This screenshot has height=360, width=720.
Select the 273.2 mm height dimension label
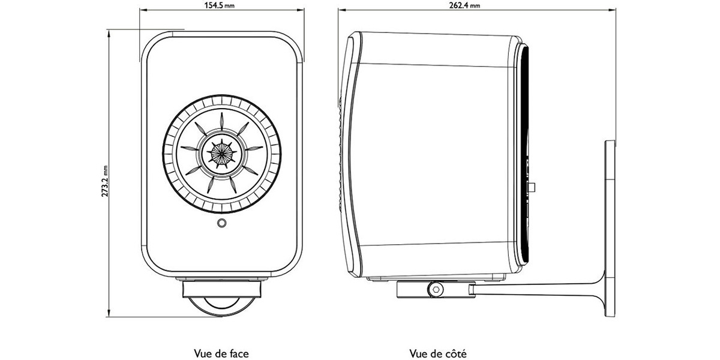(x=105, y=181)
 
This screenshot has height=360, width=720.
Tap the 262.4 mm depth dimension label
(x=464, y=5)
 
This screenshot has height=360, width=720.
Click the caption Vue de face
(x=221, y=353)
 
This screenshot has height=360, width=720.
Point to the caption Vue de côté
(x=438, y=353)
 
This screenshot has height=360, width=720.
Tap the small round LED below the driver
(x=222, y=223)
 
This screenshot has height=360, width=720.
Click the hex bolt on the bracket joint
(x=436, y=289)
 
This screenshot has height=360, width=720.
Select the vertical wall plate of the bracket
(x=610, y=229)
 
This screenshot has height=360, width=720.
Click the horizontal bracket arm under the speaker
(x=537, y=287)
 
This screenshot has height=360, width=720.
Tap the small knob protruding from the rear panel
(x=533, y=187)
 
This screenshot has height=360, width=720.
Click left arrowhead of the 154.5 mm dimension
(x=143, y=10)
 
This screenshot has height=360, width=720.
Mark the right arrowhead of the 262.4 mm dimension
(x=613, y=10)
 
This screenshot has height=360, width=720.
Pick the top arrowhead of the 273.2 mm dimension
(x=109, y=34)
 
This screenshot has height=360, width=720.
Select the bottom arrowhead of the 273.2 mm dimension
(x=109, y=313)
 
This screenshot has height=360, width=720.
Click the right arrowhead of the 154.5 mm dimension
(x=301, y=10)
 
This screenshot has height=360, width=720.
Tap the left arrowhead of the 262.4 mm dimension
(x=341, y=10)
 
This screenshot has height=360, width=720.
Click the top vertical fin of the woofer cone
(x=221, y=121)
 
